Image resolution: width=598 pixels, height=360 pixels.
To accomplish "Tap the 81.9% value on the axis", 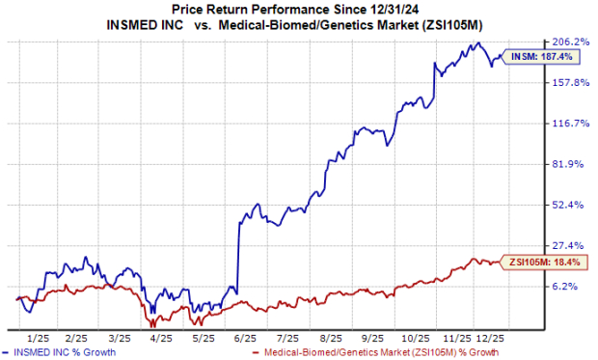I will click(x=570, y=164).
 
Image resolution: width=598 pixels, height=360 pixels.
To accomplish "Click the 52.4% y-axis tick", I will click(x=570, y=206).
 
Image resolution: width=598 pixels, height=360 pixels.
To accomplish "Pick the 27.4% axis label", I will click(x=570, y=246).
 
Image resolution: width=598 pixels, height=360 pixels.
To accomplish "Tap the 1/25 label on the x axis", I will click(x=39, y=340).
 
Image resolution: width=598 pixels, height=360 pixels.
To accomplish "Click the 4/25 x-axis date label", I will click(x=160, y=340).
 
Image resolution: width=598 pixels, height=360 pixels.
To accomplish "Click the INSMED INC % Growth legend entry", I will click(x=65, y=353).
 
